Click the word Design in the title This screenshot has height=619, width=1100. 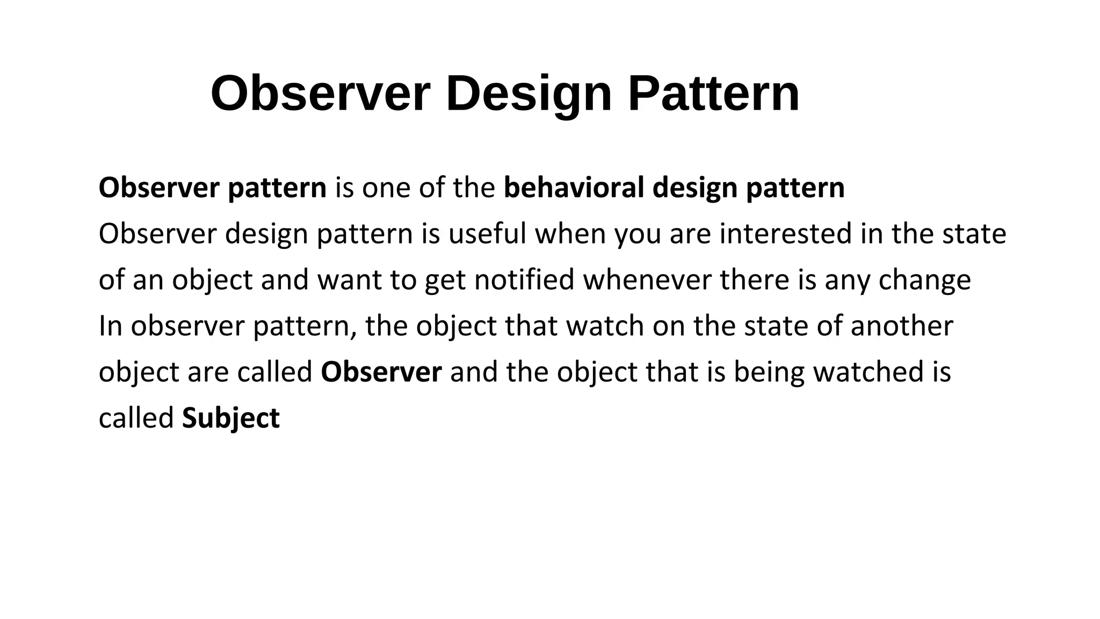(x=529, y=94)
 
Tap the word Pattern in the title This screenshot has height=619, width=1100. (x=714, y=94)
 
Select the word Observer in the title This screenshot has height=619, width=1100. (x=321, y=94)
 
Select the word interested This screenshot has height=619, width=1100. (x=785, y=234)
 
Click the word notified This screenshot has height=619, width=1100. (x=524, y=280)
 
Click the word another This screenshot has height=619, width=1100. (x=902, y=326)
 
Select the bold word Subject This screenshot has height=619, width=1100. (x=231, y=419)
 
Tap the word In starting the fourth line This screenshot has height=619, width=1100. (x=110, y=326)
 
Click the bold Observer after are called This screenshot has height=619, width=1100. (x=381, y=372)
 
